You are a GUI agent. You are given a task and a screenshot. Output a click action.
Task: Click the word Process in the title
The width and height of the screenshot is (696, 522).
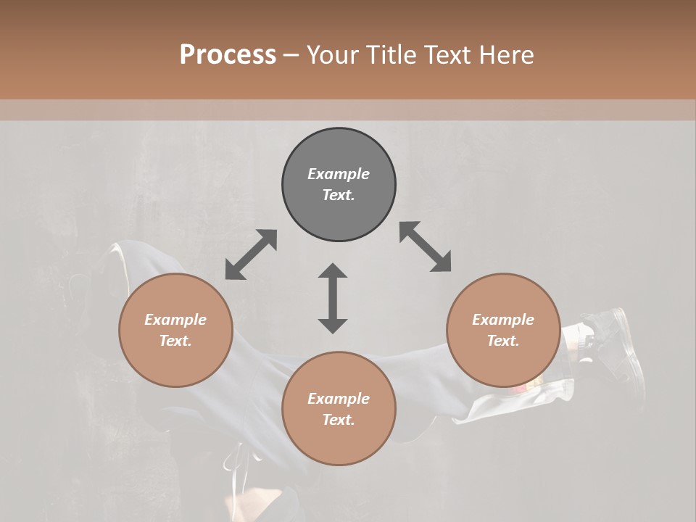pyautogui.click(x=228, y=54)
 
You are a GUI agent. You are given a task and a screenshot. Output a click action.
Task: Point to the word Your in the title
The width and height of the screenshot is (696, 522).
pyautogui.click(x=333, y=55)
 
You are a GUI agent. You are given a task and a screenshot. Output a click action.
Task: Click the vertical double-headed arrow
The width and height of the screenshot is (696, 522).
pyautogui.click(x=333, y=298)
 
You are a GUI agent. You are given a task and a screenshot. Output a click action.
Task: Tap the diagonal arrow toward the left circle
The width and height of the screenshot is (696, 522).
pyautogui.click(x=251, y=254)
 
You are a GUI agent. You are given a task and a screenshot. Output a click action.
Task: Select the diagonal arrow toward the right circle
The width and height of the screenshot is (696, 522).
pyautogui.click(x=426, y=246)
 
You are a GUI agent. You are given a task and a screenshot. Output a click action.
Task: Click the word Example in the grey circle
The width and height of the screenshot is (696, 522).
pyautogui.click(x=339, y=174)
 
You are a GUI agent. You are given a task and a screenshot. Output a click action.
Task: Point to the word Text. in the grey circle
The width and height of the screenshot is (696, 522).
pyautogui.click(x=339, y=195)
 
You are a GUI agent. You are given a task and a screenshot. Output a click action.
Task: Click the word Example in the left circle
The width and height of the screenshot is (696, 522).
pyautogui.click(x=175, y=320)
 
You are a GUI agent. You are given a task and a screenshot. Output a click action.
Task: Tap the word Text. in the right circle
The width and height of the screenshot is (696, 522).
pyautogui.click(x=503, y=341)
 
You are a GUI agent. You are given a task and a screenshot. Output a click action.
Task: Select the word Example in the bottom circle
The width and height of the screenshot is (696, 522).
pyautogui.click(x=339, y=399)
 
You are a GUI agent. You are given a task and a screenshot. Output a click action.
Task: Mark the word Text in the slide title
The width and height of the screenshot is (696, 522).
pyautogui.click(x=447, y=55)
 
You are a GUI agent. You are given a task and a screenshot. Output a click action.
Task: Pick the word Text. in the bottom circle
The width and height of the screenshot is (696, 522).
pyautogui.click(x=339, y=420)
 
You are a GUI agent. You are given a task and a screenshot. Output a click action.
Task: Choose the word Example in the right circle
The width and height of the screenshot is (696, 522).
pyautogui.click(x=503, y=320)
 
